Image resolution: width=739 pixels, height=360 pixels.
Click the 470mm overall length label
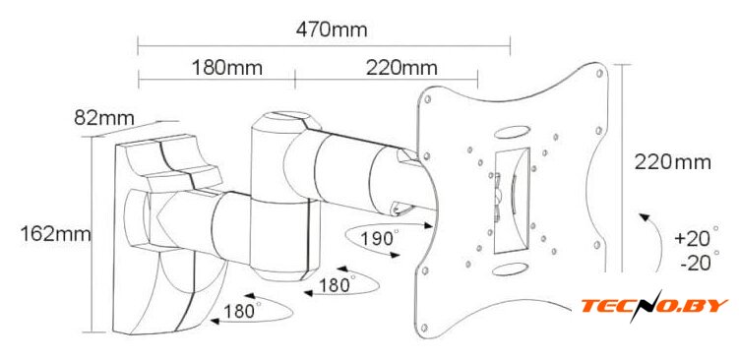[x=332, y=30]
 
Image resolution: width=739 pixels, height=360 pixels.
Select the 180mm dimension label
[x=226, y=68]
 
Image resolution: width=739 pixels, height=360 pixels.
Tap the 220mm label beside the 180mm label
[x=401, y=68]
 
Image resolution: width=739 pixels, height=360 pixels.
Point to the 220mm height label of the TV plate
[x=672, y=162]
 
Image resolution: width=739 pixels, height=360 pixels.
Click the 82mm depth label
[x=104, y=118]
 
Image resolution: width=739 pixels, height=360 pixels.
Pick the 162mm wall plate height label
[x=55, y=233]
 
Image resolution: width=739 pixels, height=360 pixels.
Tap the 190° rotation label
[x=380, y=238]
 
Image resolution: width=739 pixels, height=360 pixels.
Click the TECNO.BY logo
[x=654, y=305]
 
